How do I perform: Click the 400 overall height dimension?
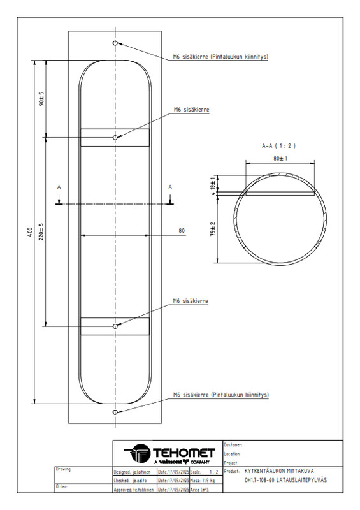30,231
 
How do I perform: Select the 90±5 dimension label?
41,98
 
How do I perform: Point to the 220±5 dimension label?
41,231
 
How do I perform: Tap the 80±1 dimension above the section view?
280,158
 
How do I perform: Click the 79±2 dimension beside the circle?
213,229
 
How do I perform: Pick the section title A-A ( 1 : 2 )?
278,146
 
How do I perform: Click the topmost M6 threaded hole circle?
115,43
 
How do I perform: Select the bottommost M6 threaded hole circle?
115,412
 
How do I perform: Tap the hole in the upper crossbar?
115,138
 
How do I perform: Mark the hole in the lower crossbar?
115,326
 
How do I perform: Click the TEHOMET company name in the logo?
184,453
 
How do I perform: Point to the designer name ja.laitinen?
141,472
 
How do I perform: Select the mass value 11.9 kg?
208,481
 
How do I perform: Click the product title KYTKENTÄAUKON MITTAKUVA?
279,471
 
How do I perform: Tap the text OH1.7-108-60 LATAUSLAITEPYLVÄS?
285,480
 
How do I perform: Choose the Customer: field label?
233,444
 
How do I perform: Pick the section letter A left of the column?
59,187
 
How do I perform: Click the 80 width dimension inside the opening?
182,231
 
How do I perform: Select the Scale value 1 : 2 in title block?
213,472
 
